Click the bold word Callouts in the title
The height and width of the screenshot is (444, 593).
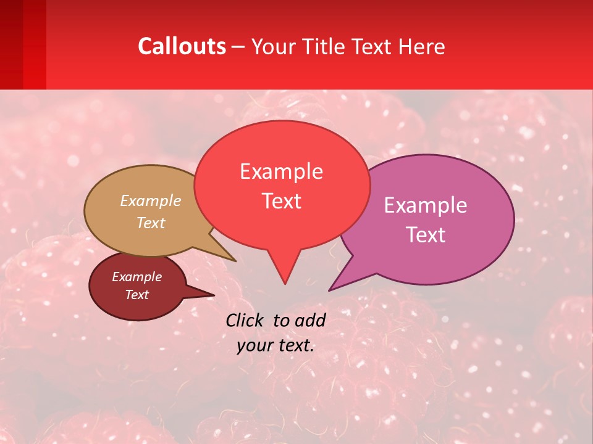[182, 46]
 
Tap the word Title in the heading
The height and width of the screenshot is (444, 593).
[328, 46]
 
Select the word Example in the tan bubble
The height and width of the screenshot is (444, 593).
[151, 200]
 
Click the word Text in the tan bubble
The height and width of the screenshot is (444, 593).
[151, 223]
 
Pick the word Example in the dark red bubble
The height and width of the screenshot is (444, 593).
[137, 277]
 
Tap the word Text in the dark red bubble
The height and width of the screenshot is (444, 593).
[137, 295]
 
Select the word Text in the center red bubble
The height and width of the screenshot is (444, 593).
[281, 200]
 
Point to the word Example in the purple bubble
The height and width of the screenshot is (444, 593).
[425, 205]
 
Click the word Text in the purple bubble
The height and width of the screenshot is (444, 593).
[425, 234]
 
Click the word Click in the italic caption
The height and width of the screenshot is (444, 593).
[245, 320]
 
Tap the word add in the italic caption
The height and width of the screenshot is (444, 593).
[309, 320]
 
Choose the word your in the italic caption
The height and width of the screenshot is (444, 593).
[253, 345]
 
